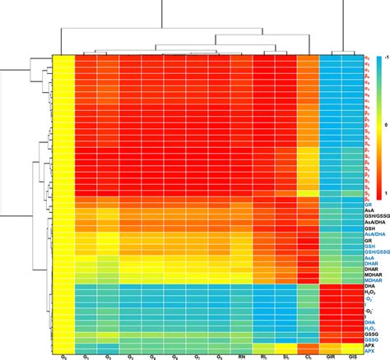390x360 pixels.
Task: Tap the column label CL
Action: [x=307, y=357]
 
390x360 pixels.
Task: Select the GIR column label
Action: [x=329, y=357]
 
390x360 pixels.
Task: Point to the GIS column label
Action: [x=351, y=357]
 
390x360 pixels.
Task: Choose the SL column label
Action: [x=285, y=357]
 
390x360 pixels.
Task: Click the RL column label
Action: [x=262, y=357]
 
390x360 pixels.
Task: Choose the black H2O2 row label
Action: [x=369, y=293]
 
